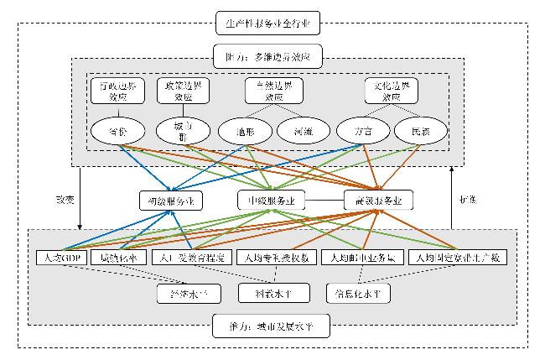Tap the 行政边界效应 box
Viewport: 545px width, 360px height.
117,90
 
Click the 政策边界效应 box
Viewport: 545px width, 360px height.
183,90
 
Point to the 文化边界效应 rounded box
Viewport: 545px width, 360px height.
392,90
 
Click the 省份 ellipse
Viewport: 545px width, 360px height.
117,130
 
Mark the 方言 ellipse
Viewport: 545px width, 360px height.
361,131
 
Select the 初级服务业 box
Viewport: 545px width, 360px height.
171,201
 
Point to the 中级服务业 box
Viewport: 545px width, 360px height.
270,201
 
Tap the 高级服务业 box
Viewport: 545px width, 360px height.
379,201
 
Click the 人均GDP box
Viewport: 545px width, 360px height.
62,257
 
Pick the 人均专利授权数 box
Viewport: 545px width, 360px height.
277,257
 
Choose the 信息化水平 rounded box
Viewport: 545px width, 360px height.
359,294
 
